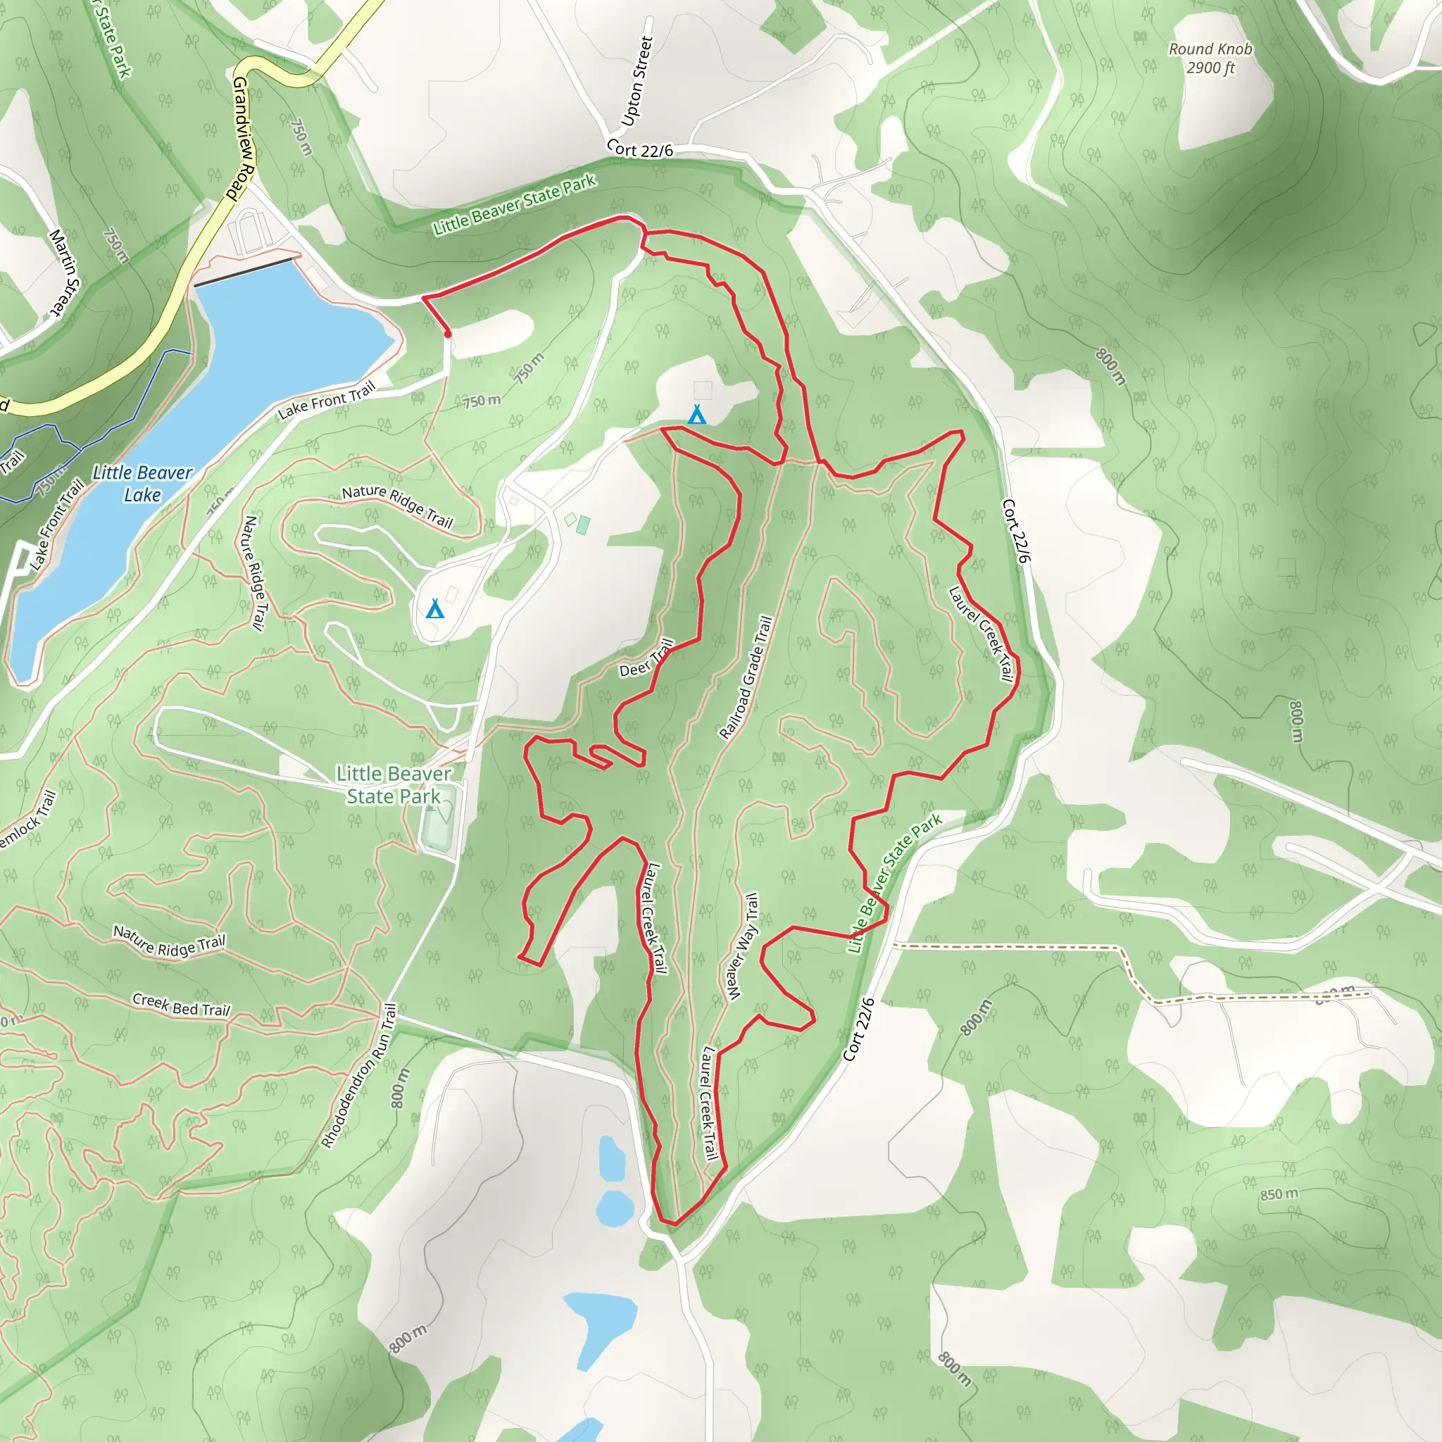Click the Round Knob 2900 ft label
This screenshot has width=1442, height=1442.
coord(1210,58)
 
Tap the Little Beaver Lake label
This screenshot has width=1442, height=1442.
coord(142,484)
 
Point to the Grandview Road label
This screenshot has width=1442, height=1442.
coord(244,138)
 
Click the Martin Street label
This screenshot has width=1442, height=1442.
coord(64,272)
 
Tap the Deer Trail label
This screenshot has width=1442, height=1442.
coord(646,658)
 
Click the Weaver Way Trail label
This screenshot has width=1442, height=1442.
coord(743,946)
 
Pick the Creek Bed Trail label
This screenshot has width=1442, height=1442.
coord(181,1005)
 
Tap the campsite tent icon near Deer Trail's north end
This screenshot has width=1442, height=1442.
coord(696,414)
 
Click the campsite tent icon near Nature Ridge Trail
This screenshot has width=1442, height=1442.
coord(434,609)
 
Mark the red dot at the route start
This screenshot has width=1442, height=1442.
coord(448,334)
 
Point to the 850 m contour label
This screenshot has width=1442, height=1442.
coord(1279,1194)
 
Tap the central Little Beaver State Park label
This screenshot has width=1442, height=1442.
coord(394,784)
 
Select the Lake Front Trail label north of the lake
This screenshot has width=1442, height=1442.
coord(326,401)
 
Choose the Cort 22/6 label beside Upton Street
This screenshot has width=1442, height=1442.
coord(639,149)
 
